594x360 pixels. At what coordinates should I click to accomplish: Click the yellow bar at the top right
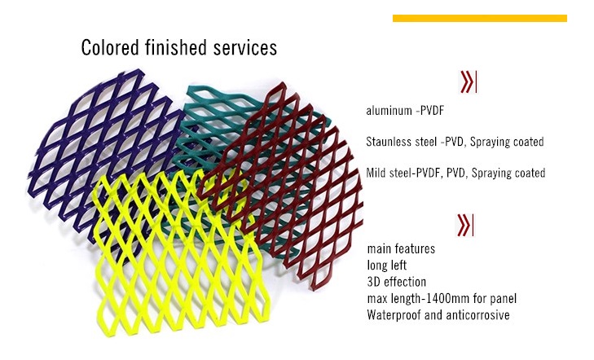(479, 18)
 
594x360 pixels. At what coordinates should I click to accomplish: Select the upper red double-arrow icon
(468, 82)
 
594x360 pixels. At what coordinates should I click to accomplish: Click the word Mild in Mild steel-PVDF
(377, 173)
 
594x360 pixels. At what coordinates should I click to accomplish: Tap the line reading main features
(401, 248)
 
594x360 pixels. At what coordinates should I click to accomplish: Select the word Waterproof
(394, 315)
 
